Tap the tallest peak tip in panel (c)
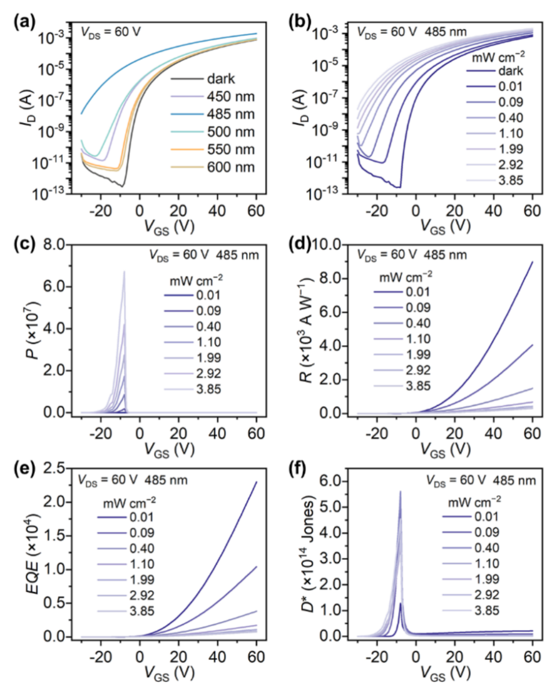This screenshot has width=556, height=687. (x=124, y=271)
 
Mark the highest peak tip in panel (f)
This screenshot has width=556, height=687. (x=400, y=491)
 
